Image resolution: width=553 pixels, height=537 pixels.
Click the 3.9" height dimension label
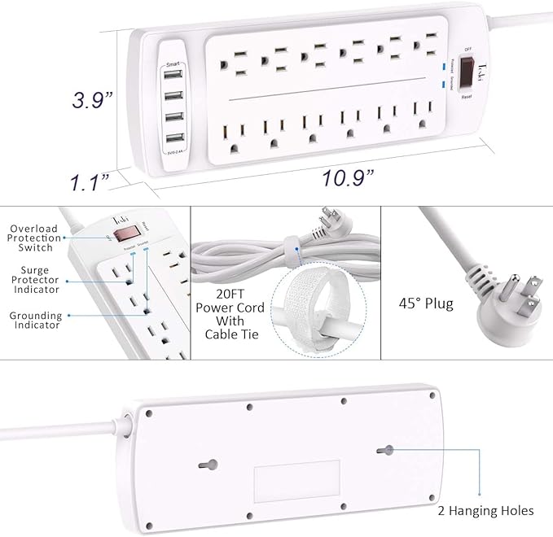pos(92,100)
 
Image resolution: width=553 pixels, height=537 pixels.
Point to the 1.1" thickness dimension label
pos(88,181)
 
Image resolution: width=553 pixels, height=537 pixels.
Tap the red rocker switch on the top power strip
pos(467,74)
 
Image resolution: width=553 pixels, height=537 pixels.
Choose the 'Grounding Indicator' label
pos(35,320)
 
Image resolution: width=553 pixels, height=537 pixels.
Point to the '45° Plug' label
pos(427,304)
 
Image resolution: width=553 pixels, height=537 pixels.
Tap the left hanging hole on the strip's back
pos(209,464)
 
